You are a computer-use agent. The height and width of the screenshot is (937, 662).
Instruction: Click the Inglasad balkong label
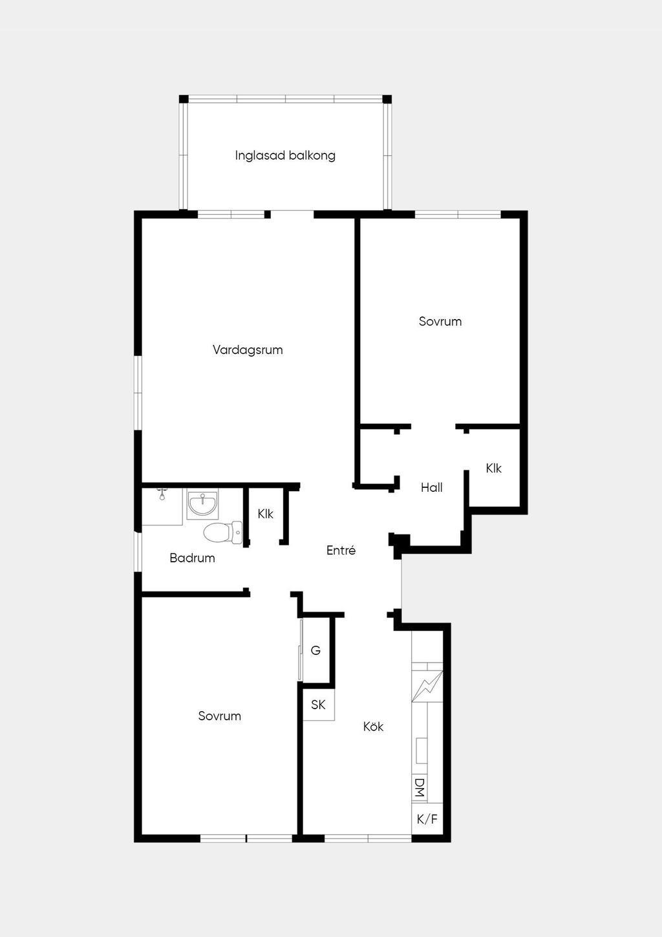285,155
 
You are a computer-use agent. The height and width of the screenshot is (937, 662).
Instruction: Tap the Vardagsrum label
248,349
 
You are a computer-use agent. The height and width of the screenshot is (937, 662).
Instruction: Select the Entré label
341,550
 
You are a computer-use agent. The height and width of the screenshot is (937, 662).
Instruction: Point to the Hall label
432,487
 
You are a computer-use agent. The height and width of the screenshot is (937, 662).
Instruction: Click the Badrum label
192,558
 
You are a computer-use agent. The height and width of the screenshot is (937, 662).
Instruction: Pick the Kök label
373,727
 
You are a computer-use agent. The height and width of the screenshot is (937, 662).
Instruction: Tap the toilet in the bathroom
223,533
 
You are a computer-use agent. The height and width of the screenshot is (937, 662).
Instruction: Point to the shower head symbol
162,494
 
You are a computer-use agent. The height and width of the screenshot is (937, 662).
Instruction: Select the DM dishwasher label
420,788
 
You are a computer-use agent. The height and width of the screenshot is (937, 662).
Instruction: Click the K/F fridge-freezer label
427,819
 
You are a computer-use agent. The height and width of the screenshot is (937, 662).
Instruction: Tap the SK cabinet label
318,705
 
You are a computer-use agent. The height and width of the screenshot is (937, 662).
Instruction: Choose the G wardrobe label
315,650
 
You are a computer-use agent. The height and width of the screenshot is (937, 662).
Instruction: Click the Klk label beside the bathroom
266,514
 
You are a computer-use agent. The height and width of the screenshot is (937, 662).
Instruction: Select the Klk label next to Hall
493,468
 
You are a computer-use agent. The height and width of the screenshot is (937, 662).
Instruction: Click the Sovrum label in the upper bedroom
440,321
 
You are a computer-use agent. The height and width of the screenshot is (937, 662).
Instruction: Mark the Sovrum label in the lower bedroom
219,716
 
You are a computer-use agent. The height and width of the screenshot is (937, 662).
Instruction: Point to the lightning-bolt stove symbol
427,686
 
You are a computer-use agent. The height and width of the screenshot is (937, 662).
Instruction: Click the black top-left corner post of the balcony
184,99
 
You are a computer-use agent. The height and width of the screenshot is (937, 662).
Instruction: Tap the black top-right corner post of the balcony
387,99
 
